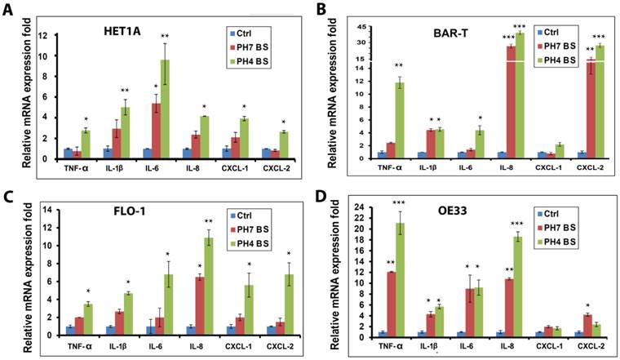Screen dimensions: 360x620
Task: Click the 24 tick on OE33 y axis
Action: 361,207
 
